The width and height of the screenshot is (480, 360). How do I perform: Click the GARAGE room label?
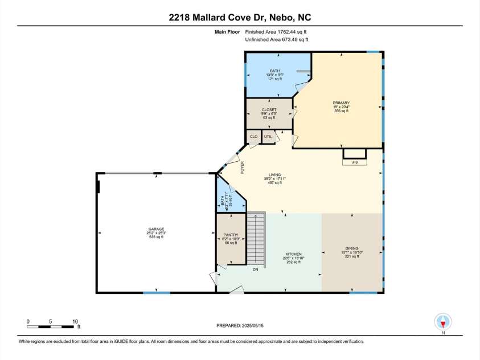tap(155, 229)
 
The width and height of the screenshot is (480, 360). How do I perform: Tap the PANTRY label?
tap(231, 235)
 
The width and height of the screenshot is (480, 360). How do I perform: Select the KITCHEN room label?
tap(293, 254)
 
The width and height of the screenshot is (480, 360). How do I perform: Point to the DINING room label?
tap(351, 248)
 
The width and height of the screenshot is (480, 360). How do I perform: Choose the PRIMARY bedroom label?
tap(341, 103)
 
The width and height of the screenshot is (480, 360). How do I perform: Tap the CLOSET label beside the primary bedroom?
tap(269, 109)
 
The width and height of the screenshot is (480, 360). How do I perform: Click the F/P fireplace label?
tap(354, 162)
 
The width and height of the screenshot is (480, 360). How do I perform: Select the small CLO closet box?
tap(253, 137)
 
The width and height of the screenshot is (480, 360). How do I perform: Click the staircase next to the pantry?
tap(256, 239)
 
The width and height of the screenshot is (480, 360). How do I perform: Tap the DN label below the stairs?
tap(256, 269)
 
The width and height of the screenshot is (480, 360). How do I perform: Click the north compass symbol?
tap(442, 320)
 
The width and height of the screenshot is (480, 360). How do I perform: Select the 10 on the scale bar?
tap(75, 321)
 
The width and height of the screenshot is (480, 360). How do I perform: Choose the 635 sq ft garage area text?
tap(155, 237)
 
